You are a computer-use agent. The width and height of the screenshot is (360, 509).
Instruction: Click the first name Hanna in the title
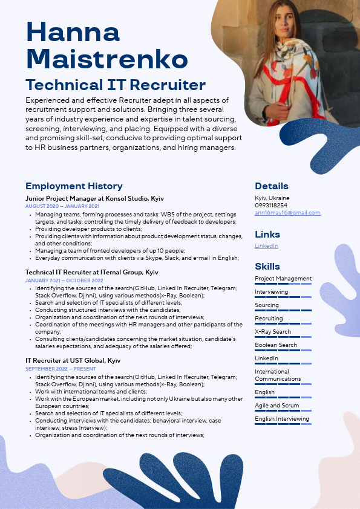(73, 33)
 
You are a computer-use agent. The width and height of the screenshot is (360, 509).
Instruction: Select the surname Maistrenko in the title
(106, 59)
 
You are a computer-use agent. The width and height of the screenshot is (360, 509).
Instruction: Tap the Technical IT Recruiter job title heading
(116, 85)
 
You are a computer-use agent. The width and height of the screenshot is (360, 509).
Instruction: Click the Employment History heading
(74, 186)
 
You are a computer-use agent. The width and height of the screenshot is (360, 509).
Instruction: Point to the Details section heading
(271, 186)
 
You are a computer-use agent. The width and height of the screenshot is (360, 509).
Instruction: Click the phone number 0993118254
(271, 206)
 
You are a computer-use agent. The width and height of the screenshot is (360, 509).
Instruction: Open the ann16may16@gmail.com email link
(287, 213)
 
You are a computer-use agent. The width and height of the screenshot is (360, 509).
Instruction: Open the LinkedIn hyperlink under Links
(266, 246)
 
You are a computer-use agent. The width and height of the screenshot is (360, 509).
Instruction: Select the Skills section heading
(267, 267)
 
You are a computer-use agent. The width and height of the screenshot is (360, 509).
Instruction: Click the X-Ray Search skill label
(273, 332)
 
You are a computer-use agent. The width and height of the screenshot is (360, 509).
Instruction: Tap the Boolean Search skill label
(276, 345)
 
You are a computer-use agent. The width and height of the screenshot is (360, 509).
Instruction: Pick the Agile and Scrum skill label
(277, 406)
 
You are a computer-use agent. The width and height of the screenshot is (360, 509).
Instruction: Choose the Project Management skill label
(283, 279)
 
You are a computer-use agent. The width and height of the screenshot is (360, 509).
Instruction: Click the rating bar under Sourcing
(283, 311)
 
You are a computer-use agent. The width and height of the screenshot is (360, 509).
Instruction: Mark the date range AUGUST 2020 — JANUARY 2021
(62, 206)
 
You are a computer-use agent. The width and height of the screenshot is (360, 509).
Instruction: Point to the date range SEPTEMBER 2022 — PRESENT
(61, 369)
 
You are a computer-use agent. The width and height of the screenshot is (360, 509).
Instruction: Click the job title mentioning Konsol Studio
(94, 198)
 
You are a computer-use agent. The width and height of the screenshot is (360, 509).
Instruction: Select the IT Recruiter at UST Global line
(73, 361)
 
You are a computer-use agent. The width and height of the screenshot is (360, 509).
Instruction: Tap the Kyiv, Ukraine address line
(272, 198)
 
